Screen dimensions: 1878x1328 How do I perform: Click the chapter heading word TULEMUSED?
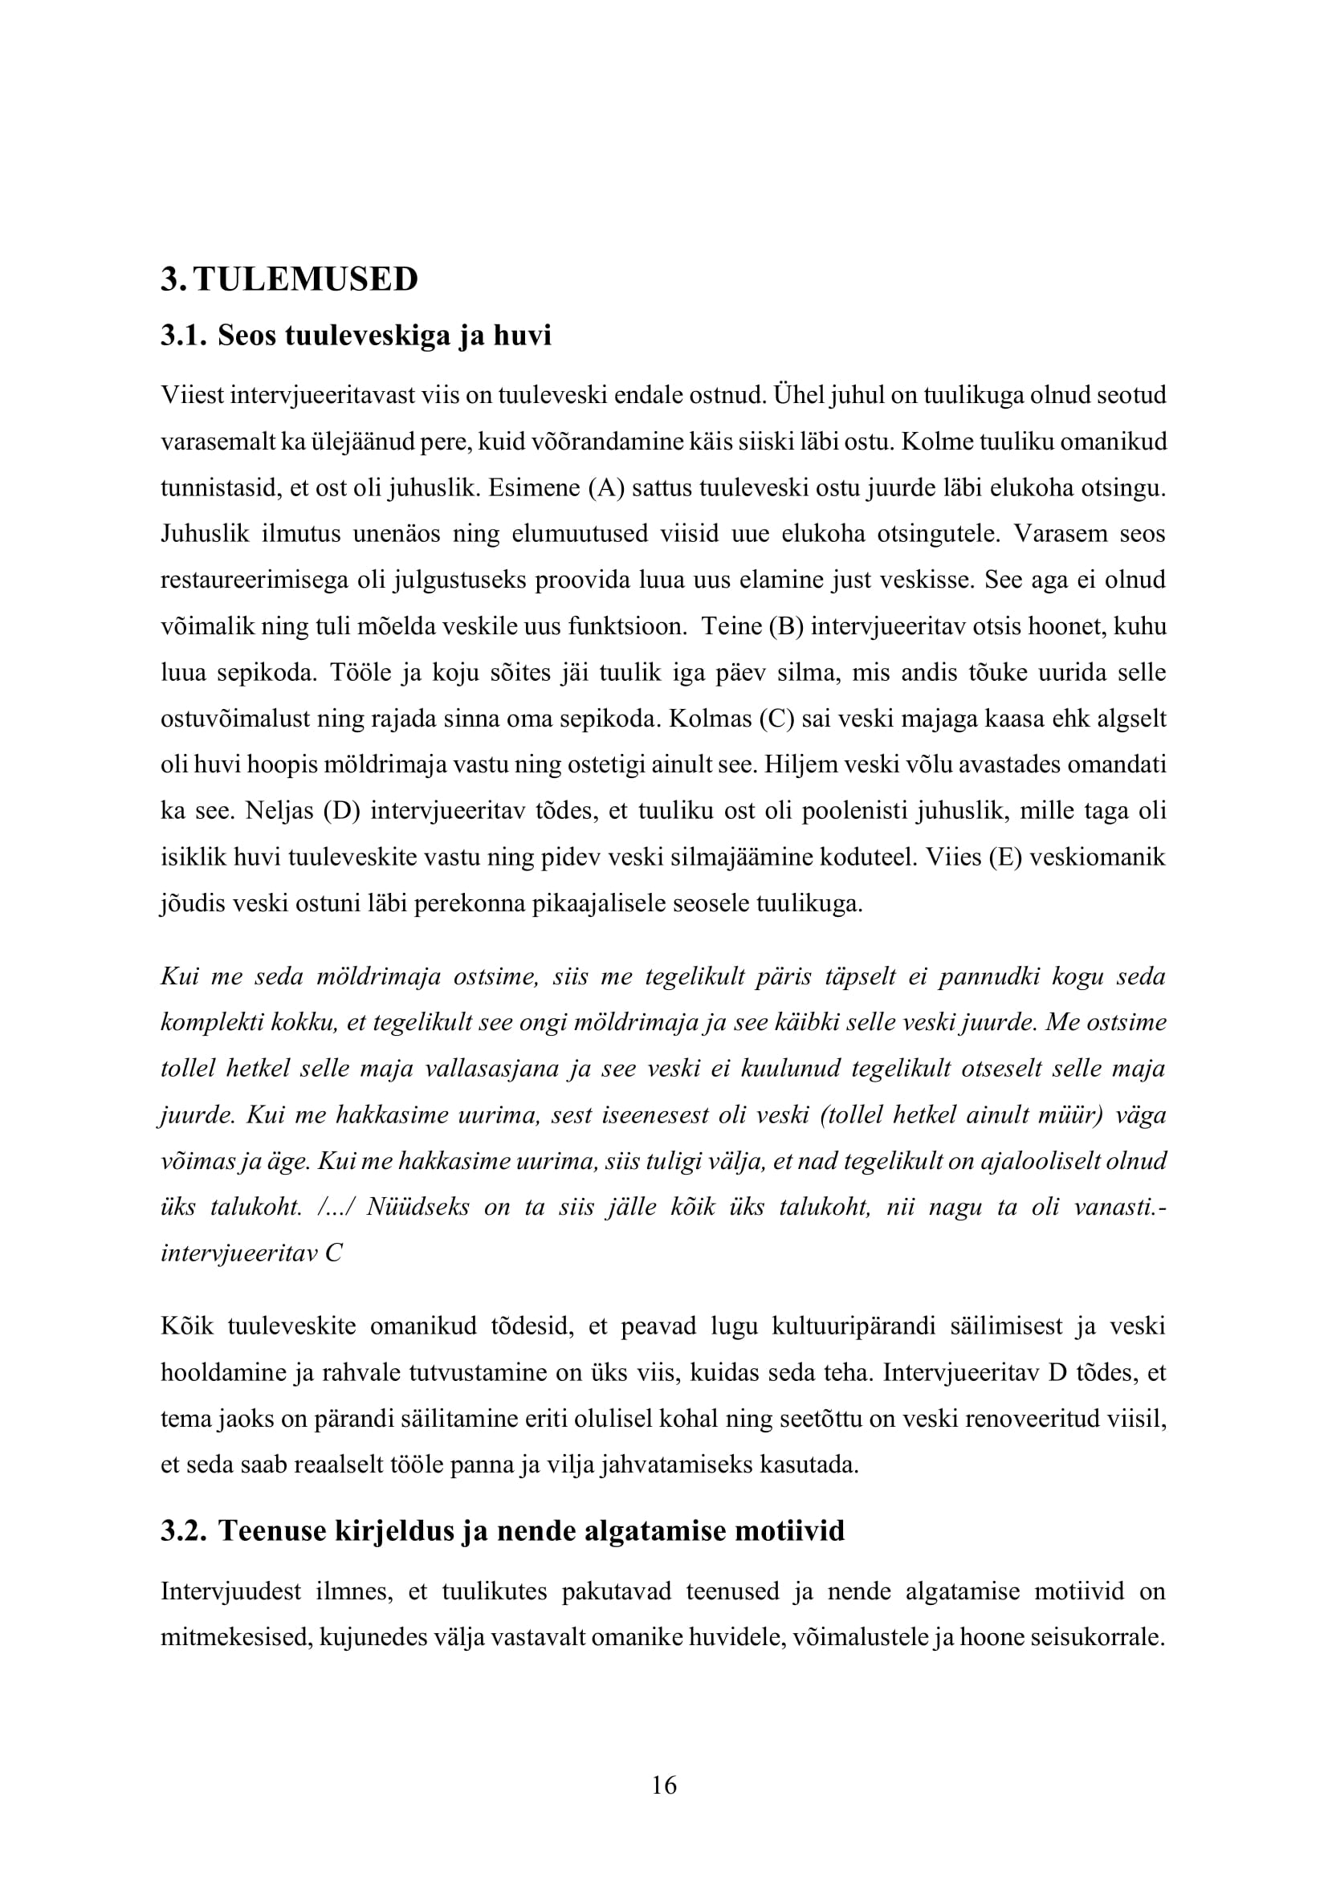[x=307, y=279]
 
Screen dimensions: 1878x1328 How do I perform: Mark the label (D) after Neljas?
[x=342, y=812]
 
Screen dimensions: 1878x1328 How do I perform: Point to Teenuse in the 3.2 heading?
[x=271, y=1530]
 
